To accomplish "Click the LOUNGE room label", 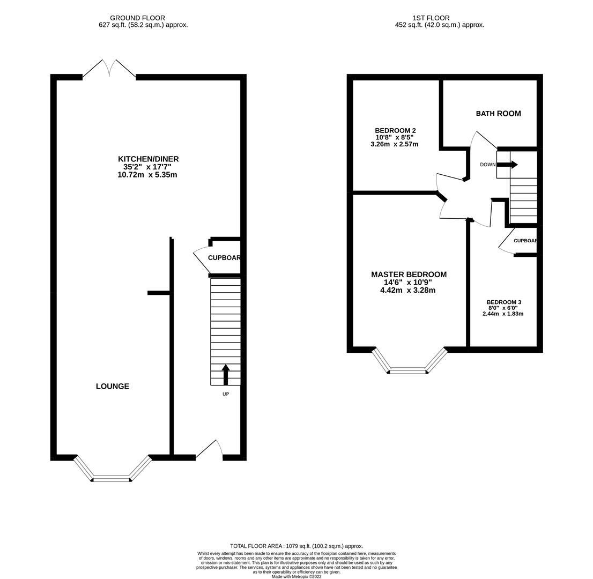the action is point(112,386).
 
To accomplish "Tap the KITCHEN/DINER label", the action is point(148,159).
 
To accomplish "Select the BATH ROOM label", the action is point(498,114).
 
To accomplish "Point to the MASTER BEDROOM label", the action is point(409,274).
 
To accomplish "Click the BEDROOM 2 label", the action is point(395,130).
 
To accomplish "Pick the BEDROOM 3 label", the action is point(504,302).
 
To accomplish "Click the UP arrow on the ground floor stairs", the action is point(225,374).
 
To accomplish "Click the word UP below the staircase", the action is point(226,394).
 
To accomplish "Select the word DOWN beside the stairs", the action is point(487,165).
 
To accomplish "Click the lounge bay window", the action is point(112,469).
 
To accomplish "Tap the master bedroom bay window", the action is point(409,361).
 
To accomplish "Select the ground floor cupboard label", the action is point(224,258).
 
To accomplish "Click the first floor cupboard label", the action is point(525,241).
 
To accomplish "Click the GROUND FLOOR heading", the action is point(137,18).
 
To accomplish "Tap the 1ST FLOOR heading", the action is point(431,18).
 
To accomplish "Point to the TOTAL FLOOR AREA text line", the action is point(296,546).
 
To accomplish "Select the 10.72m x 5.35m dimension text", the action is point(147,175).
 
